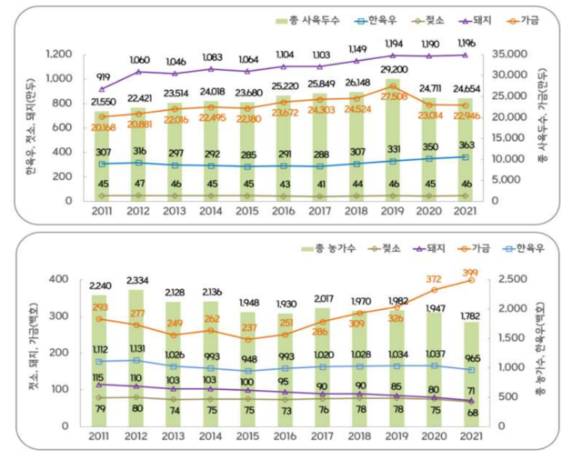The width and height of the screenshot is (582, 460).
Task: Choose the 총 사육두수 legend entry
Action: (304, 18)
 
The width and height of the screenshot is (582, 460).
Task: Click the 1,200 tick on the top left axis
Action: (61, 54)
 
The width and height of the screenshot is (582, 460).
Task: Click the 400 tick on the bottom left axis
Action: (62, 279)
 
